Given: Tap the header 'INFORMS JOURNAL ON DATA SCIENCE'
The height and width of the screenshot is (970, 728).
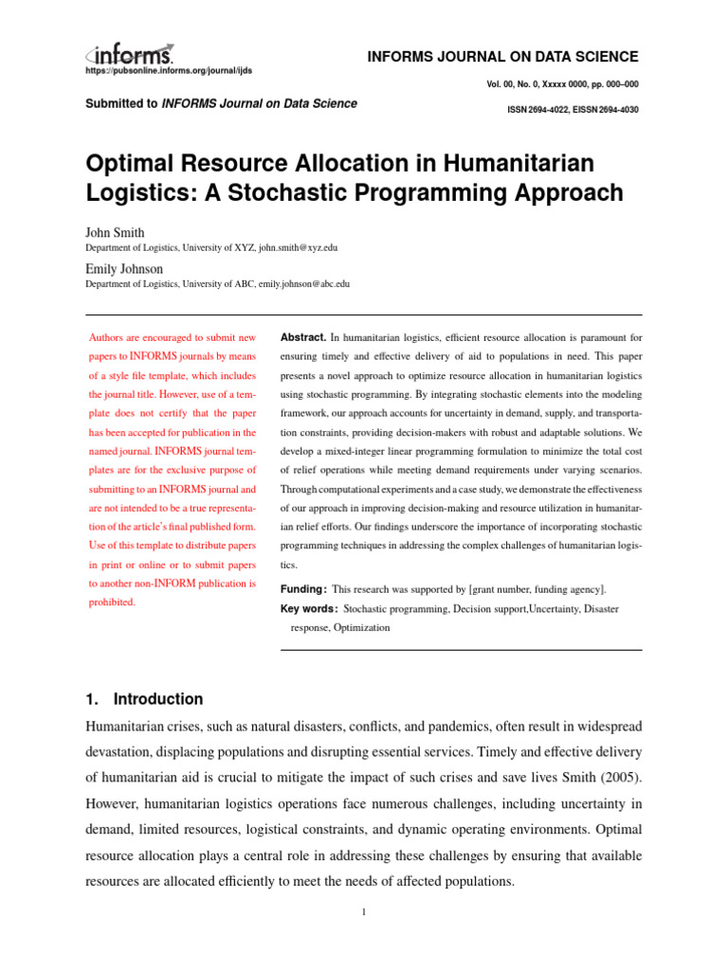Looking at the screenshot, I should tap(501, 57).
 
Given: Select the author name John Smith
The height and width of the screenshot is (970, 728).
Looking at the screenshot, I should tap(115, 232).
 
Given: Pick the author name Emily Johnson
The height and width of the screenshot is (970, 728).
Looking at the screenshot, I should tap(124, 268).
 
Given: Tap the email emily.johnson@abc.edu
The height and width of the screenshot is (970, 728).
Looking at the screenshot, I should tap(298, 283).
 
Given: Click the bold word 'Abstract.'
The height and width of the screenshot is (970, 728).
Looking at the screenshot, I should tap(303, 337).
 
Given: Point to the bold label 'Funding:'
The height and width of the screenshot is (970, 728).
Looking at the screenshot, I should tap(303, 589).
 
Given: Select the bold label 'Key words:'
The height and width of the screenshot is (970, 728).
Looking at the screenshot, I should tap(309, 609).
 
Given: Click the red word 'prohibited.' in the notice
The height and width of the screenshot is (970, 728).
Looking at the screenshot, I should tap(112, 602).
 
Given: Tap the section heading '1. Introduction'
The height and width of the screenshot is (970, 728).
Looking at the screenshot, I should tap(144, 699).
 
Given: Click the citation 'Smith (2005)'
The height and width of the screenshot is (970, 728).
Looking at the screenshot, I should tap(601, 776).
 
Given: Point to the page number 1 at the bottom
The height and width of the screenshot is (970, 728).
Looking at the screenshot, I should tap(363, 913).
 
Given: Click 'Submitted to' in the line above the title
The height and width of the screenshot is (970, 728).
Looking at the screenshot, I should tap(121, 103).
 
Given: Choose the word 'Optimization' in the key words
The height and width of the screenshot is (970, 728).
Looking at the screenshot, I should tap(361, 627).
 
